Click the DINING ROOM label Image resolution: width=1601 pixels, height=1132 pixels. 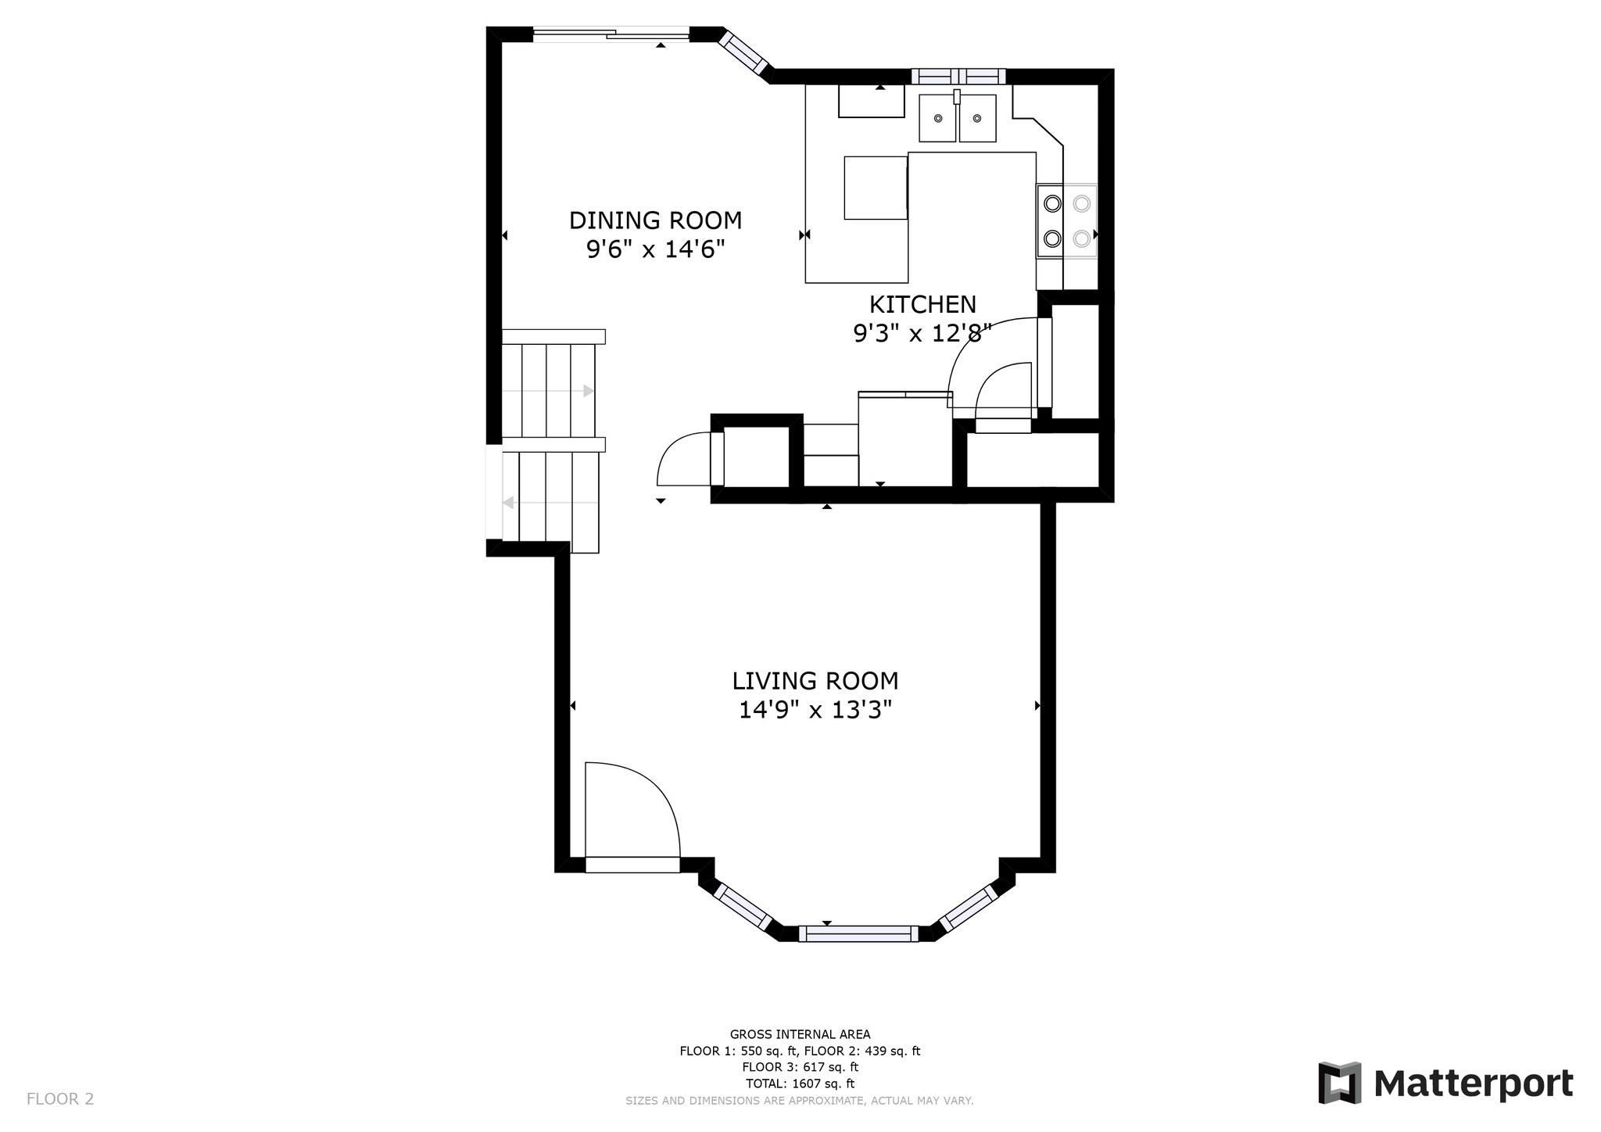point(655,220)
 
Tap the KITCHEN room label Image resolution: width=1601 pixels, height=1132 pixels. point(922,304)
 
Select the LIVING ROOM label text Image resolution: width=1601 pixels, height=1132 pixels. point(815,681)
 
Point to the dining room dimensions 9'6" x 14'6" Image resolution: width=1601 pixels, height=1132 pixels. point(655,249)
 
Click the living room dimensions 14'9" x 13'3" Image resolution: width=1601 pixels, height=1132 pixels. point(815,710)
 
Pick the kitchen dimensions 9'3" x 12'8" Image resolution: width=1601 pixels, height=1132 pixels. point(922,334)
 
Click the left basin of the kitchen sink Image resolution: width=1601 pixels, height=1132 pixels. point(937,118)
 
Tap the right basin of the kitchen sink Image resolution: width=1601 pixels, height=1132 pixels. point(978,118)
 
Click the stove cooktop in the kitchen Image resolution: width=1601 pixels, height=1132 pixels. point(1067,220)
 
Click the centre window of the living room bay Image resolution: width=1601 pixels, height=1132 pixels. point(858,933)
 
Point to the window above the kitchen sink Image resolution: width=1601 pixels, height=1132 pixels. point(958,76)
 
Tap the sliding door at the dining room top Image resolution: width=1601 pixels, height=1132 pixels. point(611,33)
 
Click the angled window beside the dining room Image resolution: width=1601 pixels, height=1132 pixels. point(745,53)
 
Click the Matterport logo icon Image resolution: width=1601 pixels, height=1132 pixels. point(1339,1083)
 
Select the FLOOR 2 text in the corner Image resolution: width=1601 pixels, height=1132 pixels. point(60,1099)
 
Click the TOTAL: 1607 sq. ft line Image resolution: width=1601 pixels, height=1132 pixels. point(800,1084)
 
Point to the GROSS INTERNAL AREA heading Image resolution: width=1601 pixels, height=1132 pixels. point(800,1034)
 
